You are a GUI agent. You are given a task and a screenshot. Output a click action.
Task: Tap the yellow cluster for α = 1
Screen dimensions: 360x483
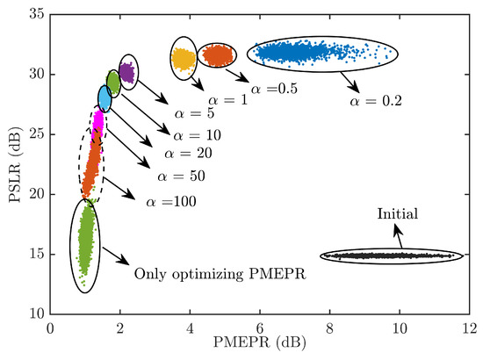tap(184, 59)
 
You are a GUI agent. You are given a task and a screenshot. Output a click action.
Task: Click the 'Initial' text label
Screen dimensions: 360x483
tap(397, 213)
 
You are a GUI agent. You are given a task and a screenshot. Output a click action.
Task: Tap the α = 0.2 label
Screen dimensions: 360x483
tap(375, 101)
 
